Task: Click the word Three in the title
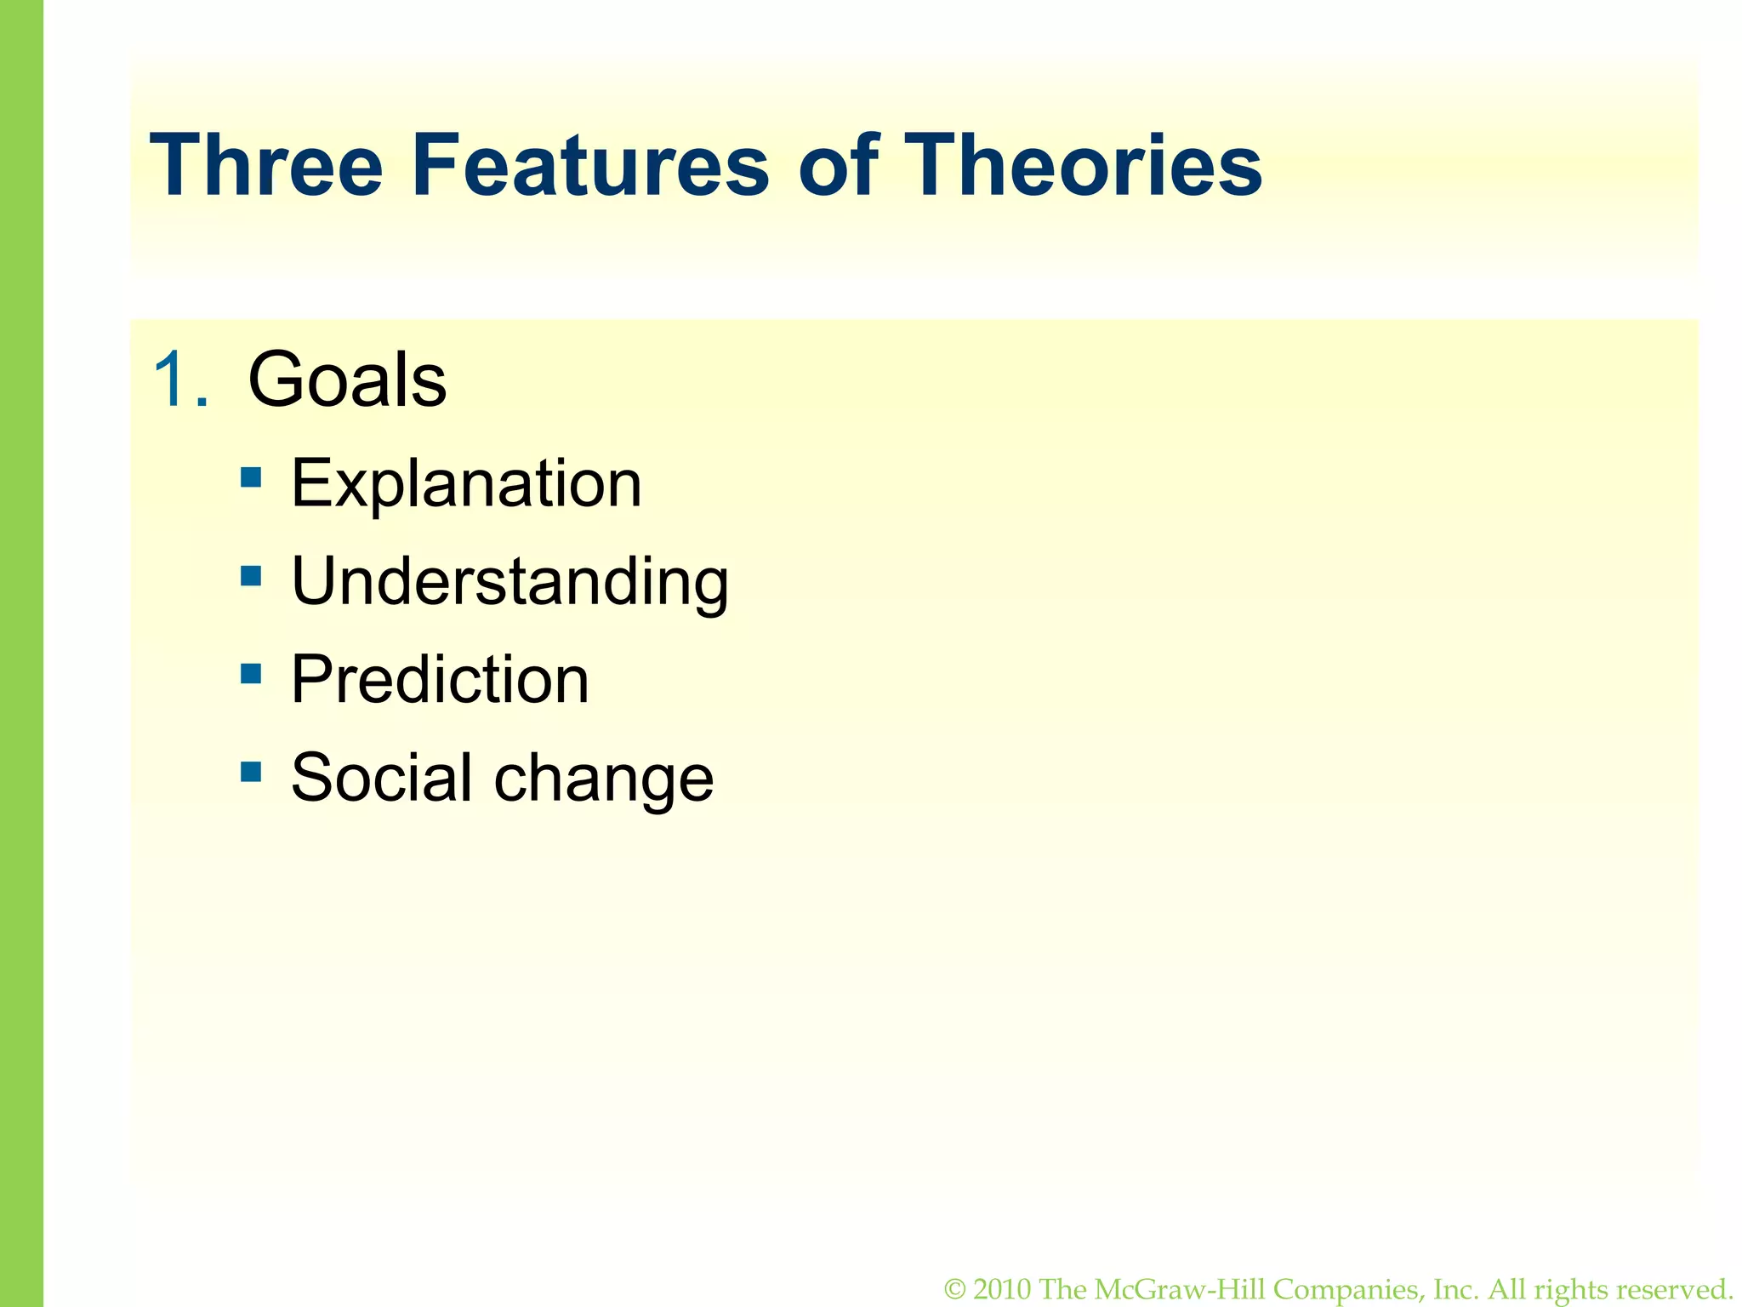click(x=265, y=165)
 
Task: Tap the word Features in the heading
click(x=590, y=165)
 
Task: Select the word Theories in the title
click(x=1082, y=165)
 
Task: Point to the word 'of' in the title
click(x=837, y=165)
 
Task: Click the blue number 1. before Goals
click(x=180, y=380)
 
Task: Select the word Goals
click(x=347, y=380)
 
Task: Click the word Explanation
click(x=466, y=483)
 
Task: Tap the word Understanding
click(x=510, y=582)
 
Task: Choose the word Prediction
click(x=440, y=680)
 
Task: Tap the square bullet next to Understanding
click(x=251, y=576)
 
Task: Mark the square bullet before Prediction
click(x=251, y=674)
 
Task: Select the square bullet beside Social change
click(x=251, y=772)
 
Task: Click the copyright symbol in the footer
click(x=955, y=1290)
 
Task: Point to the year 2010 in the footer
click(x=1003, y=1290)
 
